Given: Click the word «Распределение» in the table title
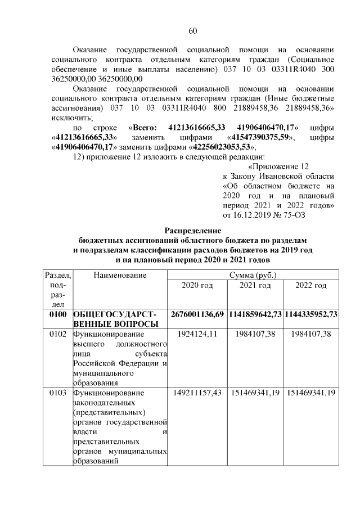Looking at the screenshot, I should coord(193,230).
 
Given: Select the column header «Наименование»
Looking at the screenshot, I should coord(120,275).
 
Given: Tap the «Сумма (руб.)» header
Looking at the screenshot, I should coord(253,275).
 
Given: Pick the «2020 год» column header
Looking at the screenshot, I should coord(197,286).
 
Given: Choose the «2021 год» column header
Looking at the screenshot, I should coord(255,286).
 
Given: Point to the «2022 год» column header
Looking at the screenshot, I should coord(311,286).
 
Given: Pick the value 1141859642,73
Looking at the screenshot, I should coord(255,313).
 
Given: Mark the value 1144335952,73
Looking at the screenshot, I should coord(311,313).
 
